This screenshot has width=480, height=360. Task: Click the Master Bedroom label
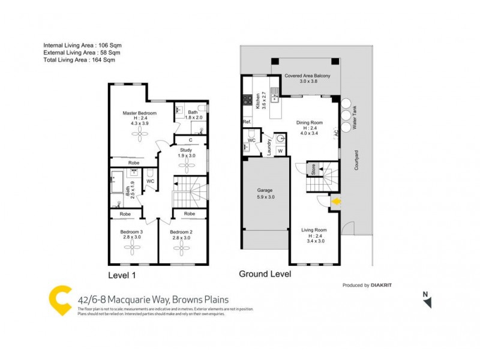click(x=140, y=113)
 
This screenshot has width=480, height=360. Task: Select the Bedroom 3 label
click(x=132, y=232)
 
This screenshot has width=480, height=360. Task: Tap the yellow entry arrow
click(x=337, y=202)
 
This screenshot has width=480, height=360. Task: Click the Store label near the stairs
click(x=313, y=170)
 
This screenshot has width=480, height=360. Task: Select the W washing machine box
click(x=280, y=151)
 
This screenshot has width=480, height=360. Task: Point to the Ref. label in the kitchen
click(x=247, y=122)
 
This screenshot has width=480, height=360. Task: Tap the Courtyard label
click(x=356, y=160)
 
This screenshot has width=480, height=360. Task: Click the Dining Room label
click(x=310, y=123)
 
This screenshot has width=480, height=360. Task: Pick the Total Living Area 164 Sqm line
click(x=79, y=59)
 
